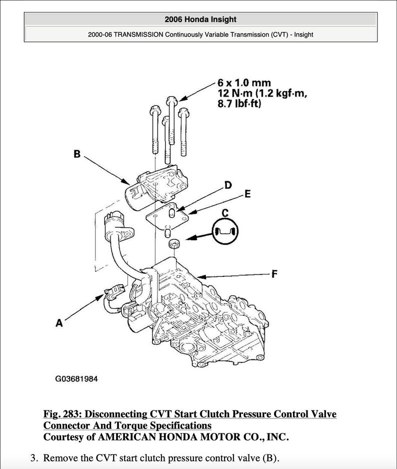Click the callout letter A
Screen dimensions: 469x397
point(59,323)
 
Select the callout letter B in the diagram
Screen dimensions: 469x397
point(77,154)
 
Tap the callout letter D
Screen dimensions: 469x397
point(228,185)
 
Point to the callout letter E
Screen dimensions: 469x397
point(247,194)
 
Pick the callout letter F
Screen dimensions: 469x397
point(274,274)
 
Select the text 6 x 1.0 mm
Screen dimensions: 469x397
point(244,83)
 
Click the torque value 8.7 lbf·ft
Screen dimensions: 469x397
point(239,105)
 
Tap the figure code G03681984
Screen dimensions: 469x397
point(76,379)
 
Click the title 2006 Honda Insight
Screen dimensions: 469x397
point(200,20)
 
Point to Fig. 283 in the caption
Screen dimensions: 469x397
point(62,414)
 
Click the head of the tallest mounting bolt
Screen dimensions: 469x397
point(172,98)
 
